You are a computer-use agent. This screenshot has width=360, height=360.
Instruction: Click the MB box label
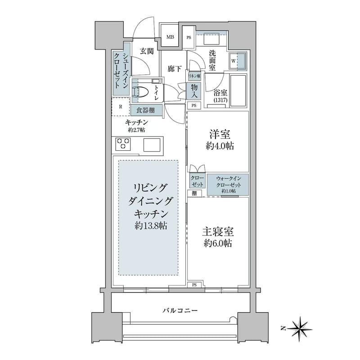point(171,37)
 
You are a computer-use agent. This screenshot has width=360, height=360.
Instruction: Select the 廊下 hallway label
point(175,69)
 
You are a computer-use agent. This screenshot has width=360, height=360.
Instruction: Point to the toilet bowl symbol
point(142,91)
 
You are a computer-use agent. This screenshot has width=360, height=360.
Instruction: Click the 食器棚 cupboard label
point(146,110)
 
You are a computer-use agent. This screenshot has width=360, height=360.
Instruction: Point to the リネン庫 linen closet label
point(194,76)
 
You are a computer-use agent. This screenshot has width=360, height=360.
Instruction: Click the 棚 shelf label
point(193,193)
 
